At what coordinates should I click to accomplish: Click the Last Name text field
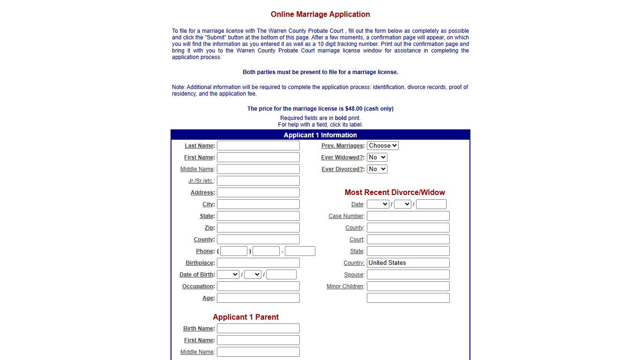(258, 146)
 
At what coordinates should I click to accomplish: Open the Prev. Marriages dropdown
(382, 146)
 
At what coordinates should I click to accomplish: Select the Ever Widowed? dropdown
(377, 157)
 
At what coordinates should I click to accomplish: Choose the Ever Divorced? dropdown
(377, 169)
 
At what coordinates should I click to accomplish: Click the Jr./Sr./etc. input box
(258, 181)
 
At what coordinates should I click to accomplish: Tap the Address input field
(258, 193)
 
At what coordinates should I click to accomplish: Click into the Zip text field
(258, 228)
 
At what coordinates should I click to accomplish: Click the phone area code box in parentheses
(234, 251)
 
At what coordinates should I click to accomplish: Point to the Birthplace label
(200, 263)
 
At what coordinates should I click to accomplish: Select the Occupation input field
(258, 286)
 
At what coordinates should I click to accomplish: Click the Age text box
(258, 298)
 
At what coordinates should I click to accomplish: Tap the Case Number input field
(408, 216)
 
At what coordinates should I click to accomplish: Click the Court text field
(408, 240)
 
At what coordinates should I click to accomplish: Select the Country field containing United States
(408, 263)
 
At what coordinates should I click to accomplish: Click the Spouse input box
(408, 275)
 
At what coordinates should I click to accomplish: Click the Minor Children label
(345, 286)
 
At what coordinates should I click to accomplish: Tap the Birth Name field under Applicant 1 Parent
(258, 329)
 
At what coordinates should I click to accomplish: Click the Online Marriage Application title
(320, 15)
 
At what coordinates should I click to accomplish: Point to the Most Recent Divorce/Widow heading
(395, 193)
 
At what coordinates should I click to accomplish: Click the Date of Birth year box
(281, 275)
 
